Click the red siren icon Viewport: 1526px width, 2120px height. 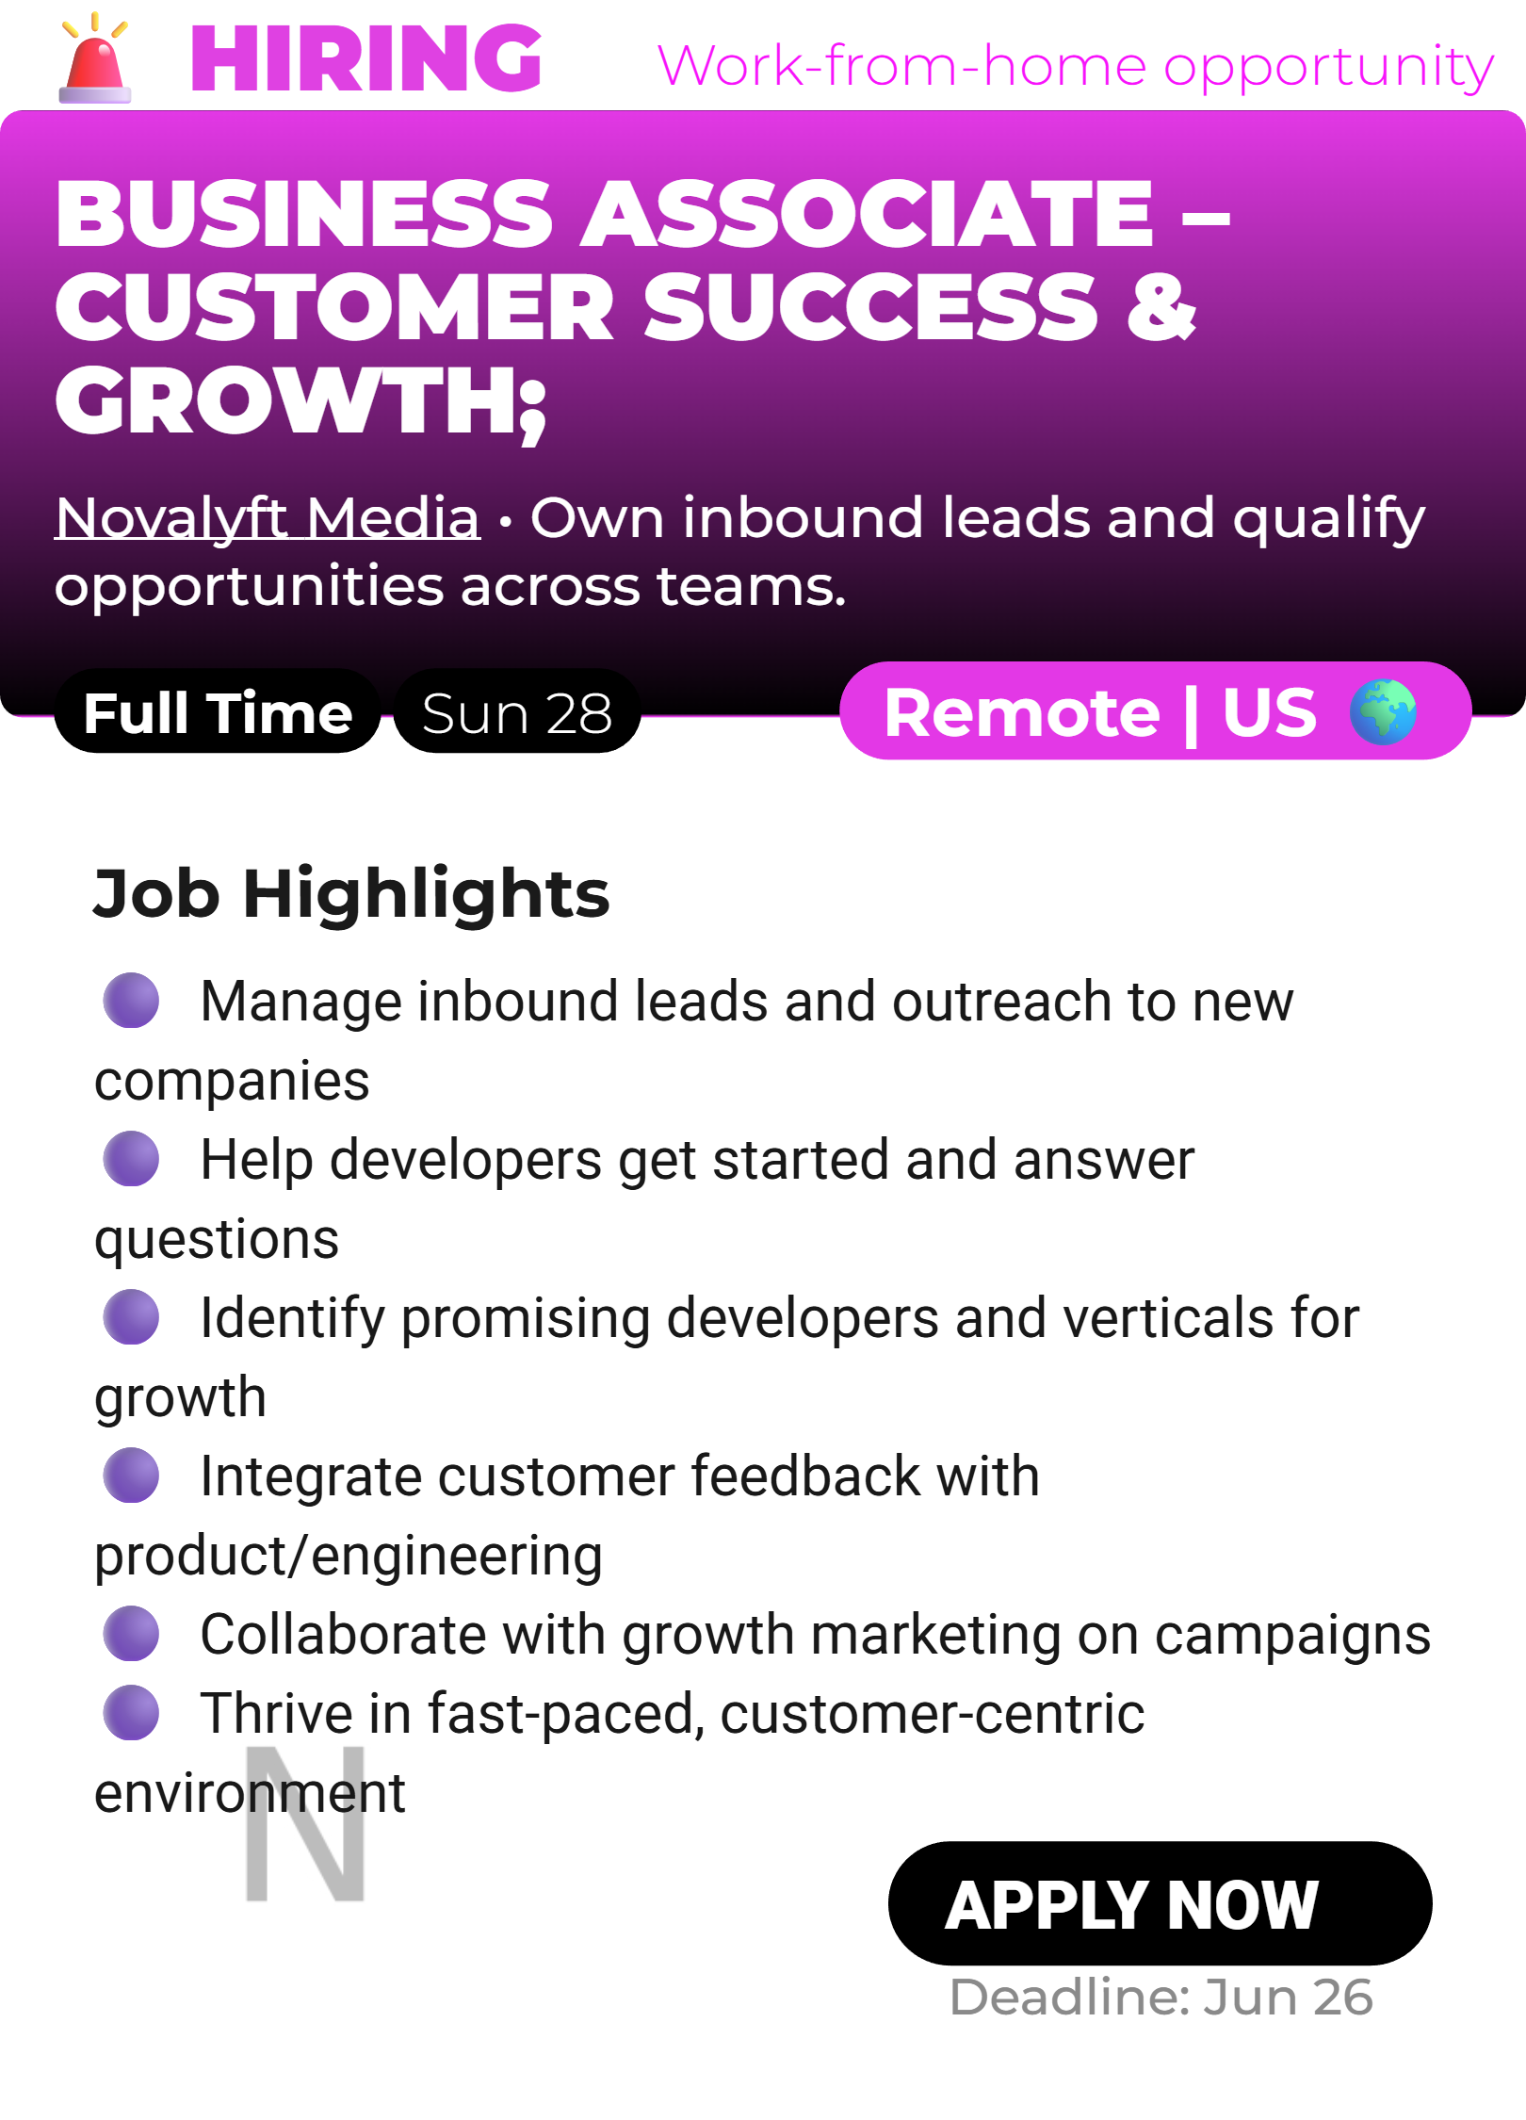pos(94,58)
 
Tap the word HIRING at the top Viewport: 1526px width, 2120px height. pos(366,58)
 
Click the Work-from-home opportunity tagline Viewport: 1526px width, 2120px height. pos(1076,67)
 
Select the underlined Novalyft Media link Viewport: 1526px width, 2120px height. pos(268,517)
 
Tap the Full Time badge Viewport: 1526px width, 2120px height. pos(218,712)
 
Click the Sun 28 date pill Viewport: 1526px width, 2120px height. pos(517,712)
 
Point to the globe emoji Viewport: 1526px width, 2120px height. pos(1383,711)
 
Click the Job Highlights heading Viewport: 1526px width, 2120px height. pos(351,893)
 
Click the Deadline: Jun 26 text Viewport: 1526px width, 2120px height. pos(1161,1997)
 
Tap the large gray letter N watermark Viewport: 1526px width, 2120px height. pos(305,1823)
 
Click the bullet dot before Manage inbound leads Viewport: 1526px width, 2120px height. pos(131,1000)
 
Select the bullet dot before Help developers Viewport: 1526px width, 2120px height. pos(131,1158)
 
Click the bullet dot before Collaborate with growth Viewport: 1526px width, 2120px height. pos(131,1633)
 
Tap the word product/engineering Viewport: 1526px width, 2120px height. pos(349,1556)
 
